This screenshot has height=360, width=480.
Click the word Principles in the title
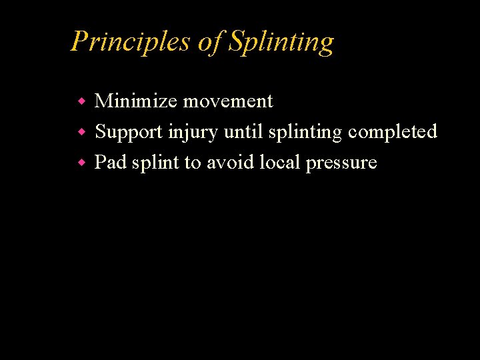131,41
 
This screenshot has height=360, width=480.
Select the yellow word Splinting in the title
281,43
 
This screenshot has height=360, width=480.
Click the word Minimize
136,101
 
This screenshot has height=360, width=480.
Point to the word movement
228,101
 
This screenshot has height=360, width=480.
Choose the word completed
393,132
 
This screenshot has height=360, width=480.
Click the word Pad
110,162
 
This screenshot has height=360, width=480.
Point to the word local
280,162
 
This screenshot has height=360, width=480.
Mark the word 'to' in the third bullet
193,163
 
